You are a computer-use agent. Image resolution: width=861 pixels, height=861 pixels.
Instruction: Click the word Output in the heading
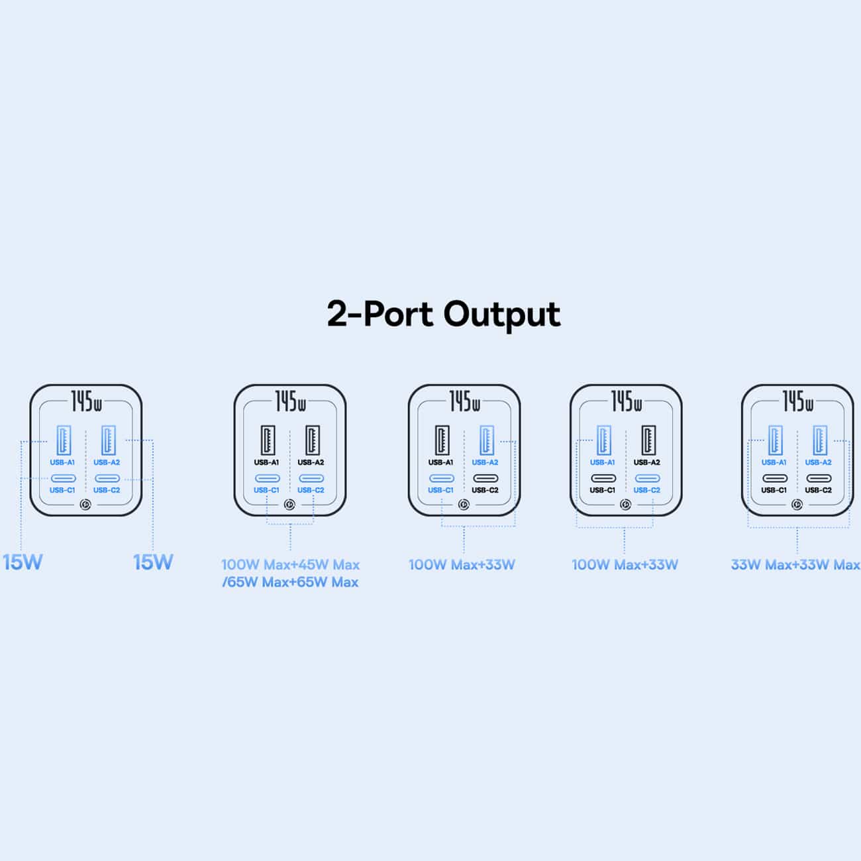pyautogui.click(x=502, y=315)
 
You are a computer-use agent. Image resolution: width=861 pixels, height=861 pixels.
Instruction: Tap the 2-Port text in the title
pyautogui.click(x=381, y=313)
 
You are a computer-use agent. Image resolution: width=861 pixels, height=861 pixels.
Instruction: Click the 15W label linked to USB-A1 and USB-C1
pyautogui.click(x=23, y=562)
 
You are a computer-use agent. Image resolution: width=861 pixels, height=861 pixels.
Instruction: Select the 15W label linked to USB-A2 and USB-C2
pyautogui.click(x=153, y=562)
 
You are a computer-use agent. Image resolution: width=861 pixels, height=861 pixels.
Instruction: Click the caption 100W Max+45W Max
pyautogui.click(x=291, y=565)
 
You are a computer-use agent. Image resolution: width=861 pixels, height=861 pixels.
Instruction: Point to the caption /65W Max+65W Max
pyautogui.click(x=291, y=582)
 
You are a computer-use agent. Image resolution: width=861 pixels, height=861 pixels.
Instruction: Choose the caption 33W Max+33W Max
pyautogui.click(x=795, y=565)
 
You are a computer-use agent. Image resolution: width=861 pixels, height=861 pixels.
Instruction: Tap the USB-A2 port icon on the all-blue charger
pyautogui.click(x=109, y=440)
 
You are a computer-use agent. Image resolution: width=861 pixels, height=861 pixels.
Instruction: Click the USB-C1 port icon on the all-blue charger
pyautogui.click(x=63, y=479)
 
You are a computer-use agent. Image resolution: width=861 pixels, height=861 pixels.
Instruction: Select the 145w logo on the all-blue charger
pyautogui.click(x=86, y=401)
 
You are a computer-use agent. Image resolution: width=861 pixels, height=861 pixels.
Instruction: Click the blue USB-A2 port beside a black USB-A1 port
pyautogui.click(x=487, y=440)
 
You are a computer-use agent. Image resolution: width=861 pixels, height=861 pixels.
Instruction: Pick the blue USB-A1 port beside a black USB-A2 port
pyautogui.click(x=603, y=440)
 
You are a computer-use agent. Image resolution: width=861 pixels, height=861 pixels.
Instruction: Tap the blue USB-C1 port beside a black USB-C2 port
pyautogui.click(x=442, y=479)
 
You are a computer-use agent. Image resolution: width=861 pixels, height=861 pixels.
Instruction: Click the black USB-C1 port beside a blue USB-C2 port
pyautogui.click(x=603, y=479)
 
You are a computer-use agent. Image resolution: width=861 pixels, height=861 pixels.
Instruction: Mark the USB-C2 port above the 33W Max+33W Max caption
pyautogui.click(x=819, y=479)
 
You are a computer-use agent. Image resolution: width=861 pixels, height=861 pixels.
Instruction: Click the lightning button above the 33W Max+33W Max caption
pyautogui.click(x=797, y=505)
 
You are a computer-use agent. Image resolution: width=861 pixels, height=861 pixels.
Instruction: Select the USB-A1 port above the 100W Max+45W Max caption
pyautogui.click(x=268, y=440)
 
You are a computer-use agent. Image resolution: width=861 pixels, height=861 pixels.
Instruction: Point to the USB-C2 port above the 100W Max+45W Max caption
pyautogui.click(x=311, y=479)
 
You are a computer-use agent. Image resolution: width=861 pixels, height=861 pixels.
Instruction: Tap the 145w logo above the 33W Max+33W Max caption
pyautogui.click(x=797, y=401)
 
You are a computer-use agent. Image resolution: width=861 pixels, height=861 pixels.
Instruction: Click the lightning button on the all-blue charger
pyautogui.click(x=85, y=505)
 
